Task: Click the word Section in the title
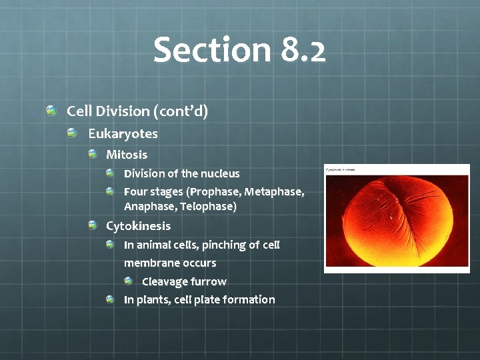(210, 50)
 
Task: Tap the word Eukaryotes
(123, 134)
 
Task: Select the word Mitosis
(127, 155)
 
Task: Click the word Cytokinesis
(138, 226)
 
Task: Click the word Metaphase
(274, 192)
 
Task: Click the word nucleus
(217, 174)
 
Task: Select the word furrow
(207, 281)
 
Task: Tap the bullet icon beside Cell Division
(51, 109)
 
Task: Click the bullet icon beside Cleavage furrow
(129, 281)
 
